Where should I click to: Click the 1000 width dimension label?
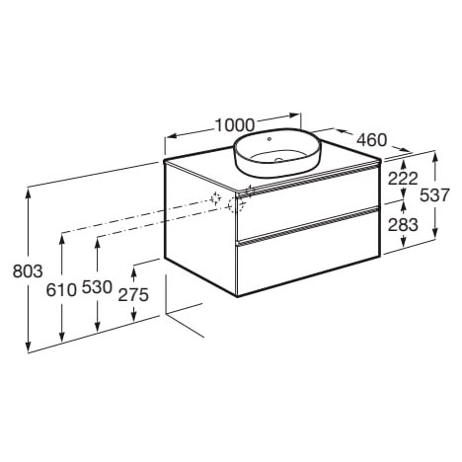(235, 125)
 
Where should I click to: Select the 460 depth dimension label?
(372, 140)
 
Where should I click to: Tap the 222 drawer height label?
(403, 179)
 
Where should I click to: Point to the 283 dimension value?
(403, 225)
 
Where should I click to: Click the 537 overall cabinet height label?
(434, 195)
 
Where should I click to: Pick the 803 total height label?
(28, 271)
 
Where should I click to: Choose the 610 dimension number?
(61, 290)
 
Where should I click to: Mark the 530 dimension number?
(97, 287)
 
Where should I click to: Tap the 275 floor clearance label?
(133, 294)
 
